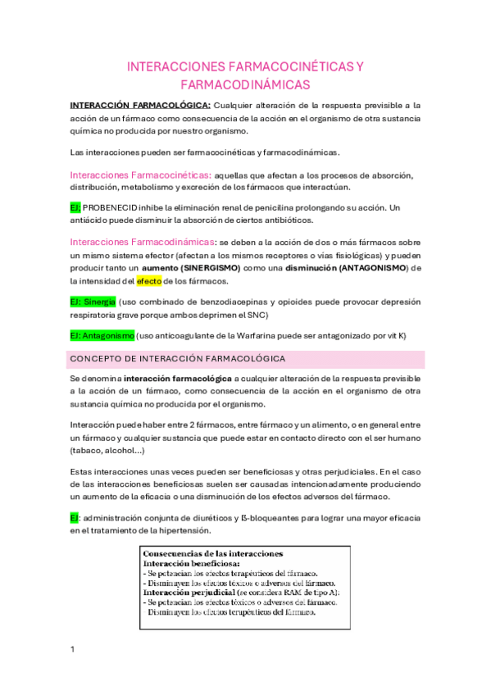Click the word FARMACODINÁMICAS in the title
click(x=245, y=84)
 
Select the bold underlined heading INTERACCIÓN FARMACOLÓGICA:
click(x=140, y=105)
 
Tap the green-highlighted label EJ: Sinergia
click(x=93, y=302)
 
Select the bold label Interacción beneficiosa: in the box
click(x=192, y=564)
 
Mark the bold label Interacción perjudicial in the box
click(x=189, y=593)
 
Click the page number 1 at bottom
click(x=72, y=649)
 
